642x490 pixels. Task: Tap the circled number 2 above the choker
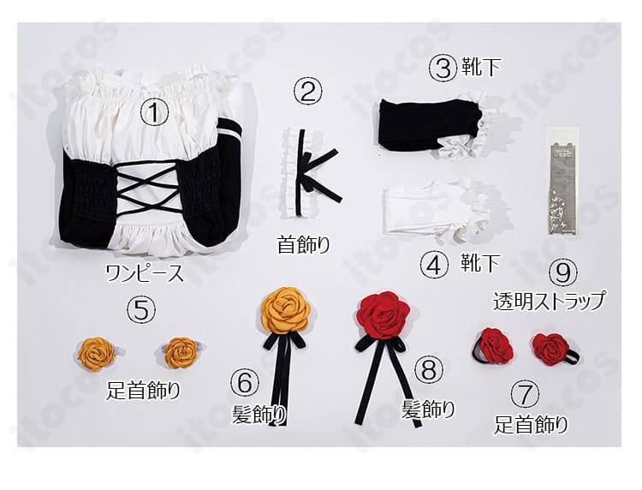308,89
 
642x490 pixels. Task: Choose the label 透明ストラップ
550,301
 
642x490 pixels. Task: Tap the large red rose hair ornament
383,314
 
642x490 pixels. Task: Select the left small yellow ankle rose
96,352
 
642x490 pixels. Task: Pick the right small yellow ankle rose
181,351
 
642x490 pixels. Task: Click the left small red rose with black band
495,344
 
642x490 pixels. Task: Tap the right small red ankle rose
550,347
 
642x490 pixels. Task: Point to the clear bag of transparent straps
561,181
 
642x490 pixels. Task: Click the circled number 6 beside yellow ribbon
246,383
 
